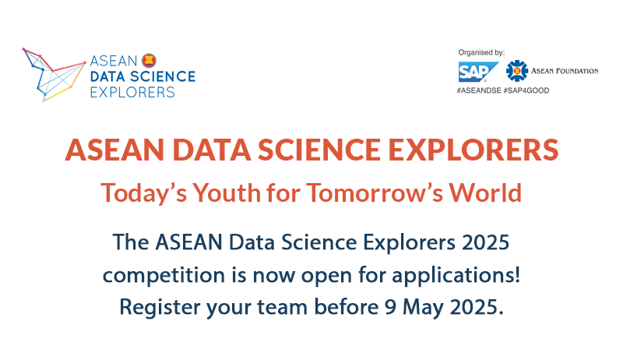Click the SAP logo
tap(477, 72)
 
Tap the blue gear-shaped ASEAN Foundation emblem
tap(516, 71)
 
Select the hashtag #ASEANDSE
tap(479, 90)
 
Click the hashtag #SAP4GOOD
tap(526, 90)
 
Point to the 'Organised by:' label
tap(481, 52)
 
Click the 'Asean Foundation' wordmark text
tap(565, 71)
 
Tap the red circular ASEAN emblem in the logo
tap(149, 61)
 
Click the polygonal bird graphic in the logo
tap(54, 75)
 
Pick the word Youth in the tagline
tap(227, 192)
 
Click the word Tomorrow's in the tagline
tap(375, 192)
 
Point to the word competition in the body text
tap(164, 275)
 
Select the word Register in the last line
tap(160, 307)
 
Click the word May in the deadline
tap(423, 308)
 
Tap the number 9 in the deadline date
tap(390, 307)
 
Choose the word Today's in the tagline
tap(144, 192)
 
